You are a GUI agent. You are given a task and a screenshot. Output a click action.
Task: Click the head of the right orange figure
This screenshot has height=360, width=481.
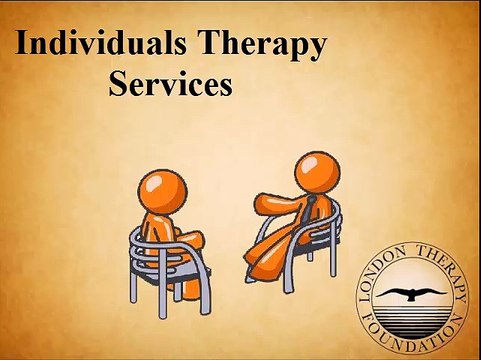pyautogui.click(x=318, y=171)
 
